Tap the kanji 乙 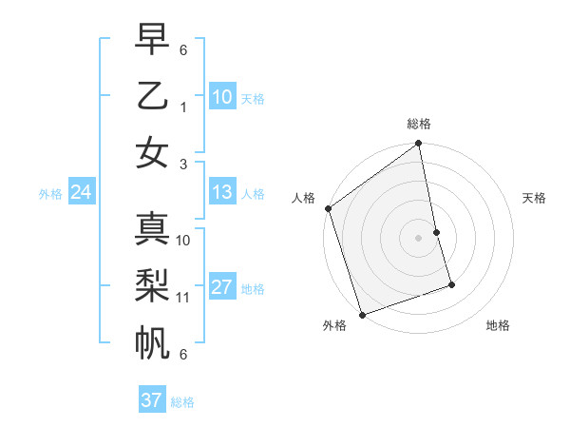pos(152,96)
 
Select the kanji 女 pos(152,153)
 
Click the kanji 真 pos(152,228)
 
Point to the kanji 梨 pos(152,284)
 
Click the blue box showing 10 pos(222,97)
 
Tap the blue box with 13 pos(222,193)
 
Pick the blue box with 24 pos(81,193)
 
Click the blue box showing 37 pos(151,400)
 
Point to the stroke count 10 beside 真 pos(183,240)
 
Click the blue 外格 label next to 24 pos(50,194)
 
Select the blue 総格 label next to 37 pos(182,401)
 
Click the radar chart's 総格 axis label pos(419,124)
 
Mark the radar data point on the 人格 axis pos(328,208)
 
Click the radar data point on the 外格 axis pos(362,314)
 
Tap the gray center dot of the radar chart pos(419,237)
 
